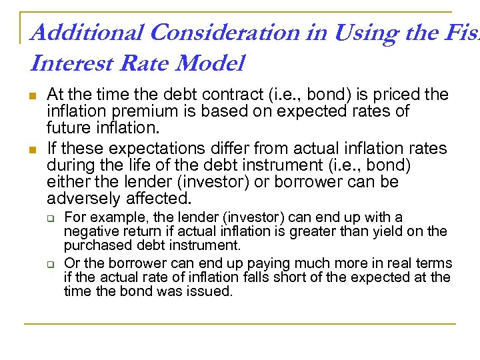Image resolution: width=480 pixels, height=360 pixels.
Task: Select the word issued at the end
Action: pos(213,291)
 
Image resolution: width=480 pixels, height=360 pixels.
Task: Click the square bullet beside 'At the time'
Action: pos(33,95)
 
